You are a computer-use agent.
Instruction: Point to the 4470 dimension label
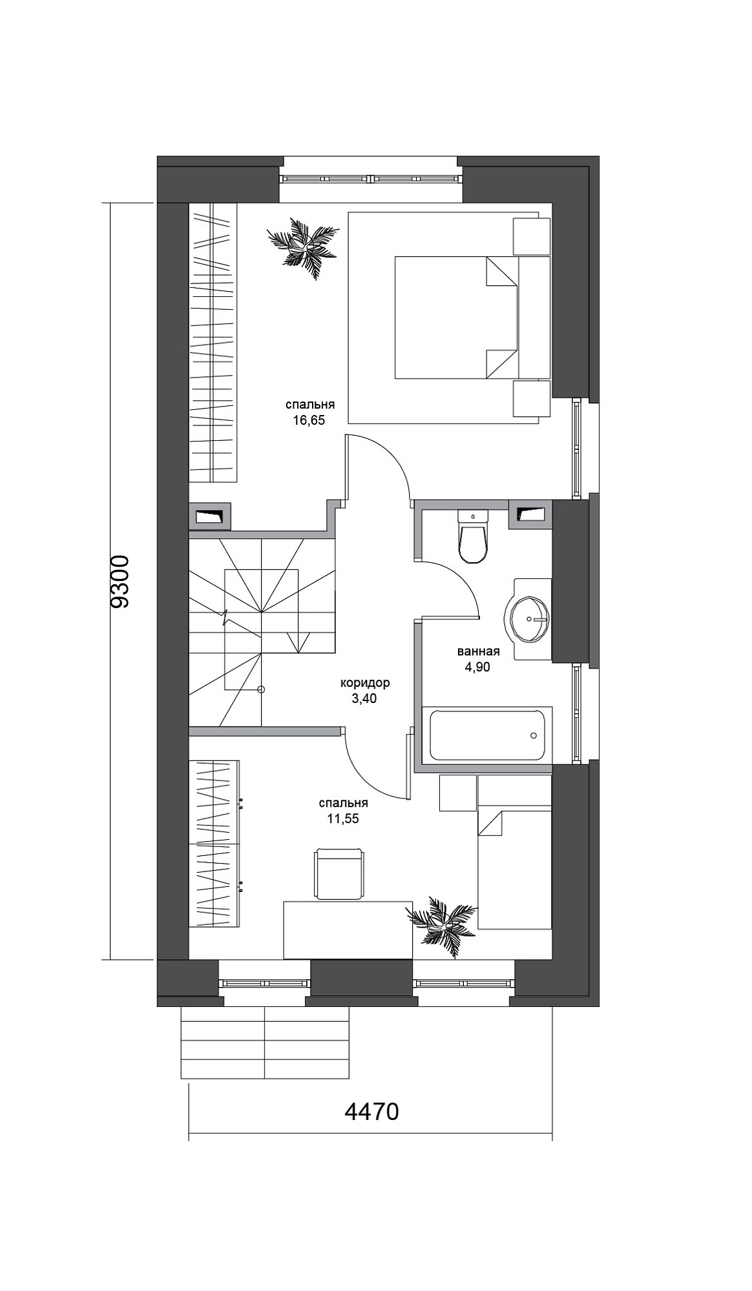371,1112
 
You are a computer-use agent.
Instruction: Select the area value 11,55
342,819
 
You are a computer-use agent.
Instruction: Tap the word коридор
365,683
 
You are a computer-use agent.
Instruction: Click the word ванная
478,651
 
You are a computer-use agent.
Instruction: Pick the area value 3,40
364,698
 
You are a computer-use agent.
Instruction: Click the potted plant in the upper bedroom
303,247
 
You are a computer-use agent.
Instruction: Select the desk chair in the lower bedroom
339,873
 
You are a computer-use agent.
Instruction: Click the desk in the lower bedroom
348,930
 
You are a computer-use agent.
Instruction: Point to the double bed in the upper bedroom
472,317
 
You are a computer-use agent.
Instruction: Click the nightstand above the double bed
531,236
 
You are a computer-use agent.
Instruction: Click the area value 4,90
477,667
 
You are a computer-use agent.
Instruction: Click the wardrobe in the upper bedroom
213,342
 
